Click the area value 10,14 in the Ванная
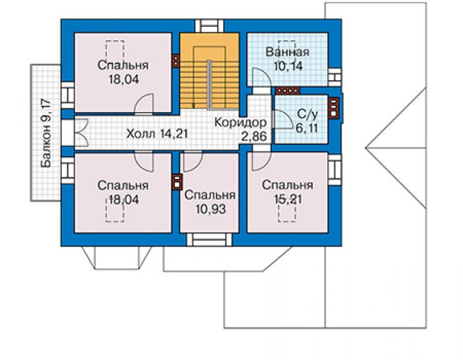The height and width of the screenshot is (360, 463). (288, 66)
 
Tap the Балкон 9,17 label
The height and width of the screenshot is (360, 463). (46, 133)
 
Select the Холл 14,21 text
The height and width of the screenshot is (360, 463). (157, 133)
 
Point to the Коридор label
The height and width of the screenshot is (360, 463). (240, 122)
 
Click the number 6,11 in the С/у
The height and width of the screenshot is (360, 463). (307, 128)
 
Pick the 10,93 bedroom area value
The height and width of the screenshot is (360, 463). (210, 209)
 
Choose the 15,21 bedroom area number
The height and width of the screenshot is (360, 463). (288, 199)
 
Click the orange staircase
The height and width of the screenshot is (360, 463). (210, 71)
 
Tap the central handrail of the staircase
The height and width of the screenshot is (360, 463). (209, 85)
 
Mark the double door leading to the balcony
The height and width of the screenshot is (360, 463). (82, 132)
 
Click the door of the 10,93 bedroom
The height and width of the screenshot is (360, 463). (193, 162)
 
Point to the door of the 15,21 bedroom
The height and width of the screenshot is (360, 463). (262, 161)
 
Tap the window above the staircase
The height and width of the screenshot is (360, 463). (210, 26)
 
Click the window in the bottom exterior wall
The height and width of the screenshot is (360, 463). (210, 239)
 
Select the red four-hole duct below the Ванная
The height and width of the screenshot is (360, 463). (288, 90)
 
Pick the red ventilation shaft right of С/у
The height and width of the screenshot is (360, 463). (333, 108)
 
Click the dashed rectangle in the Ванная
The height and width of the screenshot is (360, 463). (287, 48)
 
